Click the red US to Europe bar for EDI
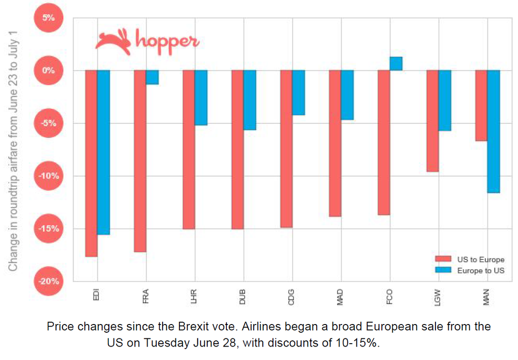pyautogui.click(x=91, y=163)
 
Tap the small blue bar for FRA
pyautogui.click(x=152, y=77)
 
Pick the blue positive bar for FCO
pyautogui.click(x=396, y=64)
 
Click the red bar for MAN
pyautogui.click(x=481, y=105)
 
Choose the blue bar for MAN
pyautogui.click(x=493, y=131)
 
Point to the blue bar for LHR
pyautogui.click(x=200, y=98)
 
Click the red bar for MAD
pyautogui.click(x=335, y=143)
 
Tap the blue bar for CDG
pyautogui.click(x=298, y=93)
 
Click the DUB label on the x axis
pyautogui.click(x=243, y=298)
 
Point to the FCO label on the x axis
pyautogui.click(x=389, y=298)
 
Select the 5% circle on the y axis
pyautogui.click(x=48, y=18)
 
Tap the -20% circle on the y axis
pyautogui.click(x=48, y=281)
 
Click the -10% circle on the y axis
pyautogui.click(x=48, y=176)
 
